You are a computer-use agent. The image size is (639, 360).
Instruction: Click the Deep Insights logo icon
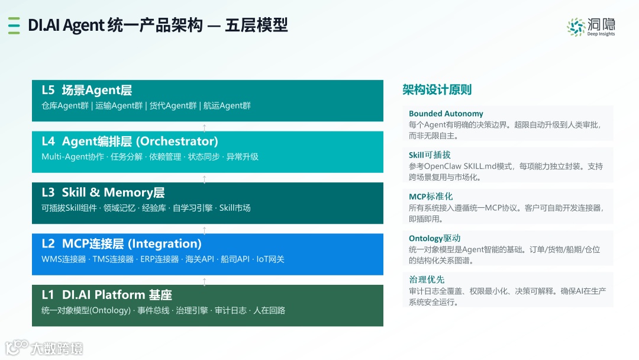coord(576,27)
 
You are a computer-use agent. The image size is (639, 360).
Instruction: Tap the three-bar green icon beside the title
coord(14,25)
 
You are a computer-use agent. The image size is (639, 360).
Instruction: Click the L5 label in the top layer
coord(48,90)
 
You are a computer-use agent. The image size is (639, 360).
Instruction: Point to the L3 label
coord(48,192)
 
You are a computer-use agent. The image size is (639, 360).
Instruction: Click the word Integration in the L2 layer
coord(164,244)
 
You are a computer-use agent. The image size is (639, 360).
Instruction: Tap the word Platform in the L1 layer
coord(120,295)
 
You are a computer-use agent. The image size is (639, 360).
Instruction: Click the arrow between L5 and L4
coord(204,128)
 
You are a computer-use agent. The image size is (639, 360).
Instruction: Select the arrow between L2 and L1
coord(204,281)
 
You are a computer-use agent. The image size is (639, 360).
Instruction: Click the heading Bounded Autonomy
coord(446,114)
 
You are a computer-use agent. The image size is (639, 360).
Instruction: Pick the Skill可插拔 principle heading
coord(430,155)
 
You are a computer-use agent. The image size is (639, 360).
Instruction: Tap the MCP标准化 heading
coord(431,197)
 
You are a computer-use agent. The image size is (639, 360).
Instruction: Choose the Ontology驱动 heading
coord(434,238)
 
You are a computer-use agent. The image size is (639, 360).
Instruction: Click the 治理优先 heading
coord(427,279)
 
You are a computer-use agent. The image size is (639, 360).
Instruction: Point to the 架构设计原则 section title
coord(437,89)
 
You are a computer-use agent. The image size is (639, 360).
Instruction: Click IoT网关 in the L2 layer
coord(270,259)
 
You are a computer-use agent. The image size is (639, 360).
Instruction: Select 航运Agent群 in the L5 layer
coord(227,106)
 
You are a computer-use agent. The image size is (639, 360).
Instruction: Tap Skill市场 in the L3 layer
coord(235,208)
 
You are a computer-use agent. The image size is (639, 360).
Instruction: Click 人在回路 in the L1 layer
coord(269,311)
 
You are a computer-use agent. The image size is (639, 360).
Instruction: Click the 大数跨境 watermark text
coord(57,349)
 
